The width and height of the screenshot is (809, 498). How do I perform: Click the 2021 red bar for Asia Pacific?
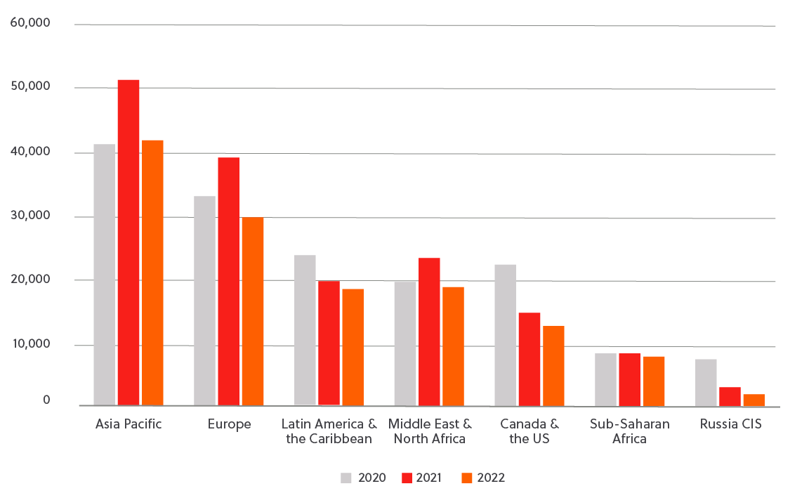tap(129, 242)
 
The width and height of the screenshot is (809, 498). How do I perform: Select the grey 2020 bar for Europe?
tap(204, 301)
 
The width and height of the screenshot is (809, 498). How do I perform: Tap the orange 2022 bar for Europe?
tap(253, 311)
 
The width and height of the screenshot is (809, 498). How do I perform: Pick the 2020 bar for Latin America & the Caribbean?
tap(305, 330)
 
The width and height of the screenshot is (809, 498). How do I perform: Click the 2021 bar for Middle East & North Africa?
tap(429, 332)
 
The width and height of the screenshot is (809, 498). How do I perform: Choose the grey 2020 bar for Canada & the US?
tap(505, 335)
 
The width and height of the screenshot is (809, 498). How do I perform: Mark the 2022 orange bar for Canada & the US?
tap(553, 366)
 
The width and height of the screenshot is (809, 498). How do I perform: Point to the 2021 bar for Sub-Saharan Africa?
tap(629, 379)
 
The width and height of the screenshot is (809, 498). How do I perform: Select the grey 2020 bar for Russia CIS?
tap(706, 382)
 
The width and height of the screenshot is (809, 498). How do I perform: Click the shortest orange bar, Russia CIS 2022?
tap(754, 400)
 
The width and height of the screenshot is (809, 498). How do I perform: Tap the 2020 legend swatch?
tap(347, 478)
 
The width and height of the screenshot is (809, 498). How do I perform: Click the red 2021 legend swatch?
tap(406, 478)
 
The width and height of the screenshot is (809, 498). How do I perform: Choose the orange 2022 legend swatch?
tap(467, 478)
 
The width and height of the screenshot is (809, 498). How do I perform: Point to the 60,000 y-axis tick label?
tap(30, 23)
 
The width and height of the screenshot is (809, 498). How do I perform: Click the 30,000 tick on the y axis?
tap(30, 215)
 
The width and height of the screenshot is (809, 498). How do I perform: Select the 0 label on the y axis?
tap(46, 400)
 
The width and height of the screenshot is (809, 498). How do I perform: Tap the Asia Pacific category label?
tap(129, 424)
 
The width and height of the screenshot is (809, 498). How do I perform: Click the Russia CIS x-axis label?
tap(730, 424)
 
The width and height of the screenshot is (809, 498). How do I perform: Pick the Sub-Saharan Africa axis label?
tap(629, 431)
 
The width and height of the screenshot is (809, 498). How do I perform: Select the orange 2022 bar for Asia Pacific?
tap(152, 273)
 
